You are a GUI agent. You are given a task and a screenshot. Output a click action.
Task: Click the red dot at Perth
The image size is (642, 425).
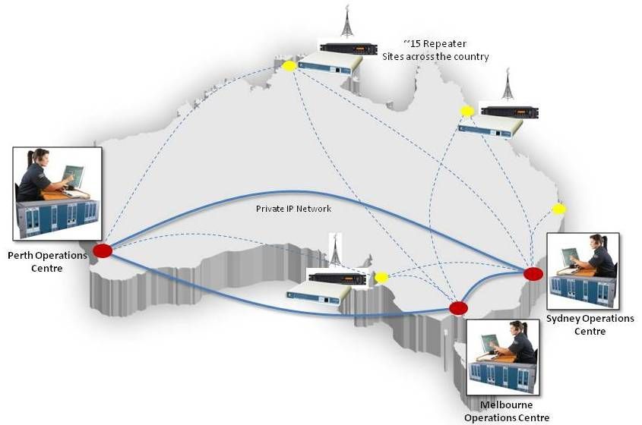[103, 250]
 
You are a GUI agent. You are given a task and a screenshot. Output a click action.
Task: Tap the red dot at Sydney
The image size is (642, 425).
[533, 273]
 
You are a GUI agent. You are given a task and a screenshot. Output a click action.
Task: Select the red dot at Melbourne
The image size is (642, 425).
[458, 308]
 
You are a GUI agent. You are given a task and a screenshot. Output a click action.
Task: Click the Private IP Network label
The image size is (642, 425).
[294, 207]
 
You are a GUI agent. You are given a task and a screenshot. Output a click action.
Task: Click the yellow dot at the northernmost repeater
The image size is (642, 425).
[289, 66]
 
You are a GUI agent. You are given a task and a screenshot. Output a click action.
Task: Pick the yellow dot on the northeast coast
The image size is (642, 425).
[467, 111]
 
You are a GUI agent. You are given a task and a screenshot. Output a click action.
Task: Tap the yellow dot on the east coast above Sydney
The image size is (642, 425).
[558, 209]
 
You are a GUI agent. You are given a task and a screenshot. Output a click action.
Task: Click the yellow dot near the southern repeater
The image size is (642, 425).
[381, 278]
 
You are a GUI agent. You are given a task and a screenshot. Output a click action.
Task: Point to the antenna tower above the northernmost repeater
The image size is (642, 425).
[347, 23]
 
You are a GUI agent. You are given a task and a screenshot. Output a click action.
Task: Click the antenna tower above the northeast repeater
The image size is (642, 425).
[507, 86]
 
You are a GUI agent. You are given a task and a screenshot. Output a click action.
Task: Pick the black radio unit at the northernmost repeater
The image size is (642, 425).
[348, 49]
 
